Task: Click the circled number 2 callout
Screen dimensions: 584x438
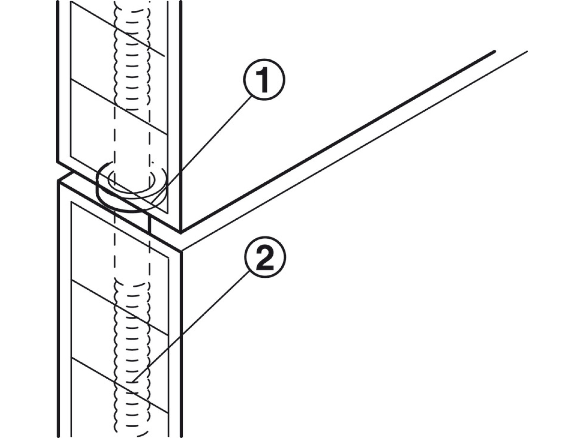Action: pos(265,257)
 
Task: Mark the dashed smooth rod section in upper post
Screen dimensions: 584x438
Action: pos(132,140)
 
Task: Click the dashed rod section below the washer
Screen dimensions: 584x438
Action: pos(132,247)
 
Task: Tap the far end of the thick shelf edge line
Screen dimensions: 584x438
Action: pos(494,51)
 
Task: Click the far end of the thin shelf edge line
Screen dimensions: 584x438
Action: pos(527,51)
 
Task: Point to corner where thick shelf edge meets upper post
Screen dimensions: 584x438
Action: pos(181,232)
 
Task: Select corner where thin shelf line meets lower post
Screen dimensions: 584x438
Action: pos(182,251)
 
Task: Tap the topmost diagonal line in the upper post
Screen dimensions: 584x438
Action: pos(117,29)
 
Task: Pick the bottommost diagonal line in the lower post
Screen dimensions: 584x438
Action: pos(120,385)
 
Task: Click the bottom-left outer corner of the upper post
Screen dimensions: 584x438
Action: pos(57,161)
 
